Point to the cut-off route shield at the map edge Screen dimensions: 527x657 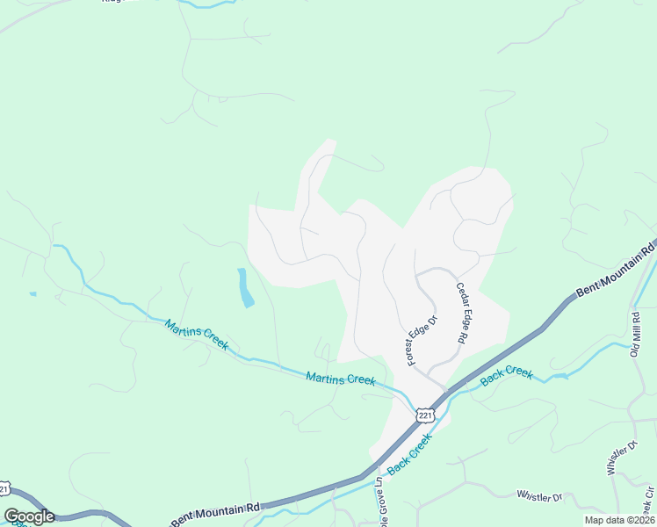[4, 487]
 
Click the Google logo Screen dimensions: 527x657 [29, 516]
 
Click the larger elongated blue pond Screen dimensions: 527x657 [245, 287]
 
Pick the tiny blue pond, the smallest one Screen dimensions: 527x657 [32, 293]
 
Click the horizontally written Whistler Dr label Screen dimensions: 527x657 [539, 497]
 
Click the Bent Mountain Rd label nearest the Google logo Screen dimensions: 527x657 [217, 511]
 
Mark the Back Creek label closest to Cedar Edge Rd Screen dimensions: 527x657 [507, 375]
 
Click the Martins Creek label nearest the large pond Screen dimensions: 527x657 [197, 334]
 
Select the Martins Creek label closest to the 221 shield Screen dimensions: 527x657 [341, 379]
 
